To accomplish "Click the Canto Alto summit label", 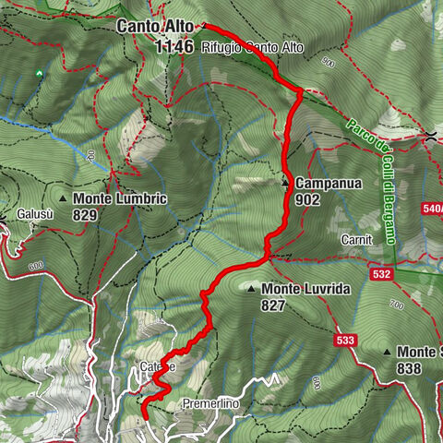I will (155, 26).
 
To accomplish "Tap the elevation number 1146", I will (174, 45).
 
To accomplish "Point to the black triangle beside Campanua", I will (285, 183).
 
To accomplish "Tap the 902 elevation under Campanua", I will (308, 198).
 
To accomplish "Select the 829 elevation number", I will (88, 214).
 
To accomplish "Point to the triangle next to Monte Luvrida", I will (251, 289).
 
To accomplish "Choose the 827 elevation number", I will (273, 305).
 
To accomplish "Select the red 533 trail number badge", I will (345, 341).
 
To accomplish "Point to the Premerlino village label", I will (211, 403).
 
